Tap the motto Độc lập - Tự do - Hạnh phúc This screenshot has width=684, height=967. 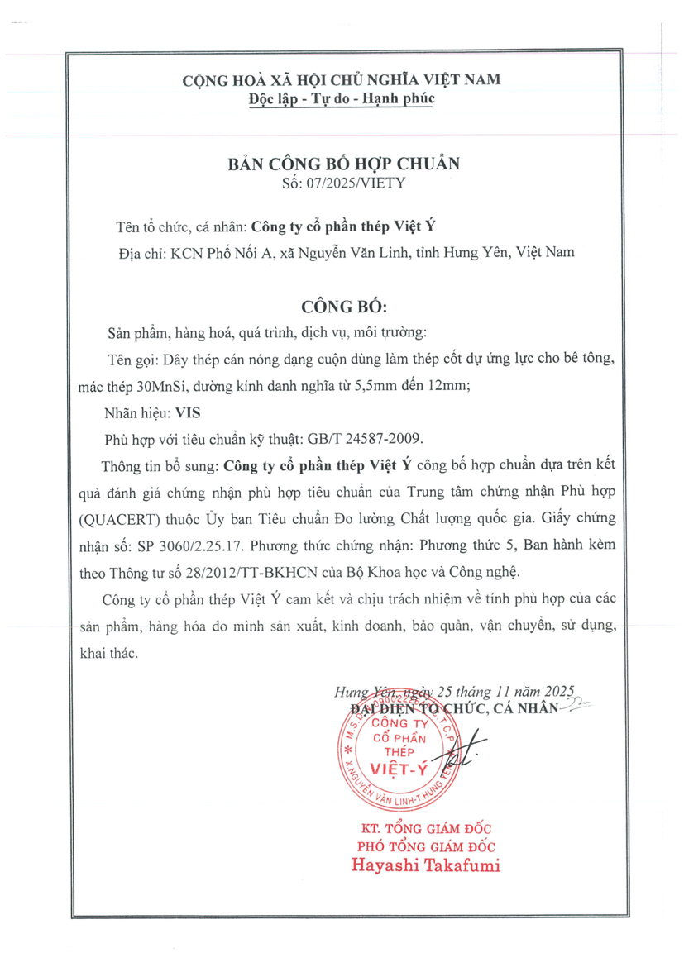pyautogui.click(x=342, y=98)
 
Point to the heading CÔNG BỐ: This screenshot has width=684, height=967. pyautogui.click(x=343, y=305)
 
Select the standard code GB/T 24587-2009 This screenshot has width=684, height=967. pyautogui.click(x=381, y=438)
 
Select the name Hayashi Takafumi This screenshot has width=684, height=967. pyautogui.click(x=425, y=866)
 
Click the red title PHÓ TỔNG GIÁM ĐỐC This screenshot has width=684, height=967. pyautogui.click(x=425, y=846)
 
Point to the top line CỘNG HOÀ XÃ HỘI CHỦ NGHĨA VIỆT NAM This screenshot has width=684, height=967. pyautogui.click(x=342, y=80)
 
